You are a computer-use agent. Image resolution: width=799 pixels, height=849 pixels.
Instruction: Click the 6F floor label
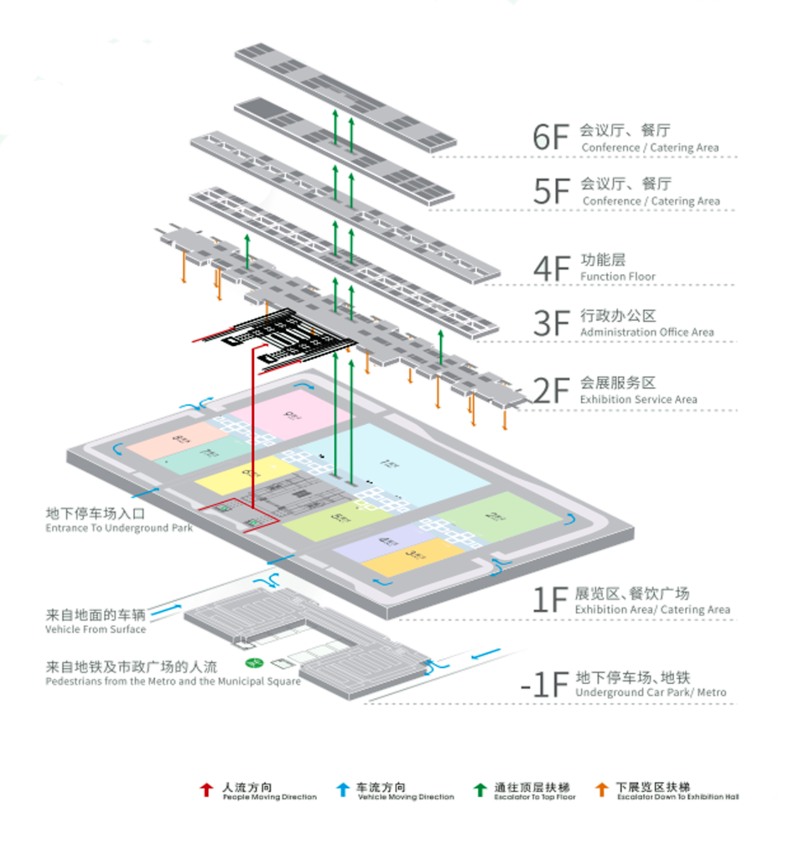pos(550,136)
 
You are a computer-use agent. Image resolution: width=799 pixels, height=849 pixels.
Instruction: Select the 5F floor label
pos(551,191)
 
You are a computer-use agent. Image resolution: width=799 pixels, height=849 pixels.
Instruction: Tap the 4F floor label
pos(551,267)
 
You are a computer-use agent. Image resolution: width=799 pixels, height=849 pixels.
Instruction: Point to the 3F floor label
pos(551,322)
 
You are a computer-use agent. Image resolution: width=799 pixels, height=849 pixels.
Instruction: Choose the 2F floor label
pos(552,390)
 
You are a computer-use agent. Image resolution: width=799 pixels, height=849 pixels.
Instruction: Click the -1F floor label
pos(545,684)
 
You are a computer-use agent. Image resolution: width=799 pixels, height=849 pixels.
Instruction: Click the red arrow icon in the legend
pos(206,789)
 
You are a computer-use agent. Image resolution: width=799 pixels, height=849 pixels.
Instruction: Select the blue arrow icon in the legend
pos(341,789)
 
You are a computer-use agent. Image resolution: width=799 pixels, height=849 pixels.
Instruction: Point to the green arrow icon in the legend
pos(480,789)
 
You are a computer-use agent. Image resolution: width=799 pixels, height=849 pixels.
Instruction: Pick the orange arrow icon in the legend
pos(602,789)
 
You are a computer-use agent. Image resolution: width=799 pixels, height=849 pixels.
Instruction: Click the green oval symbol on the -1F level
pos(253,662)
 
